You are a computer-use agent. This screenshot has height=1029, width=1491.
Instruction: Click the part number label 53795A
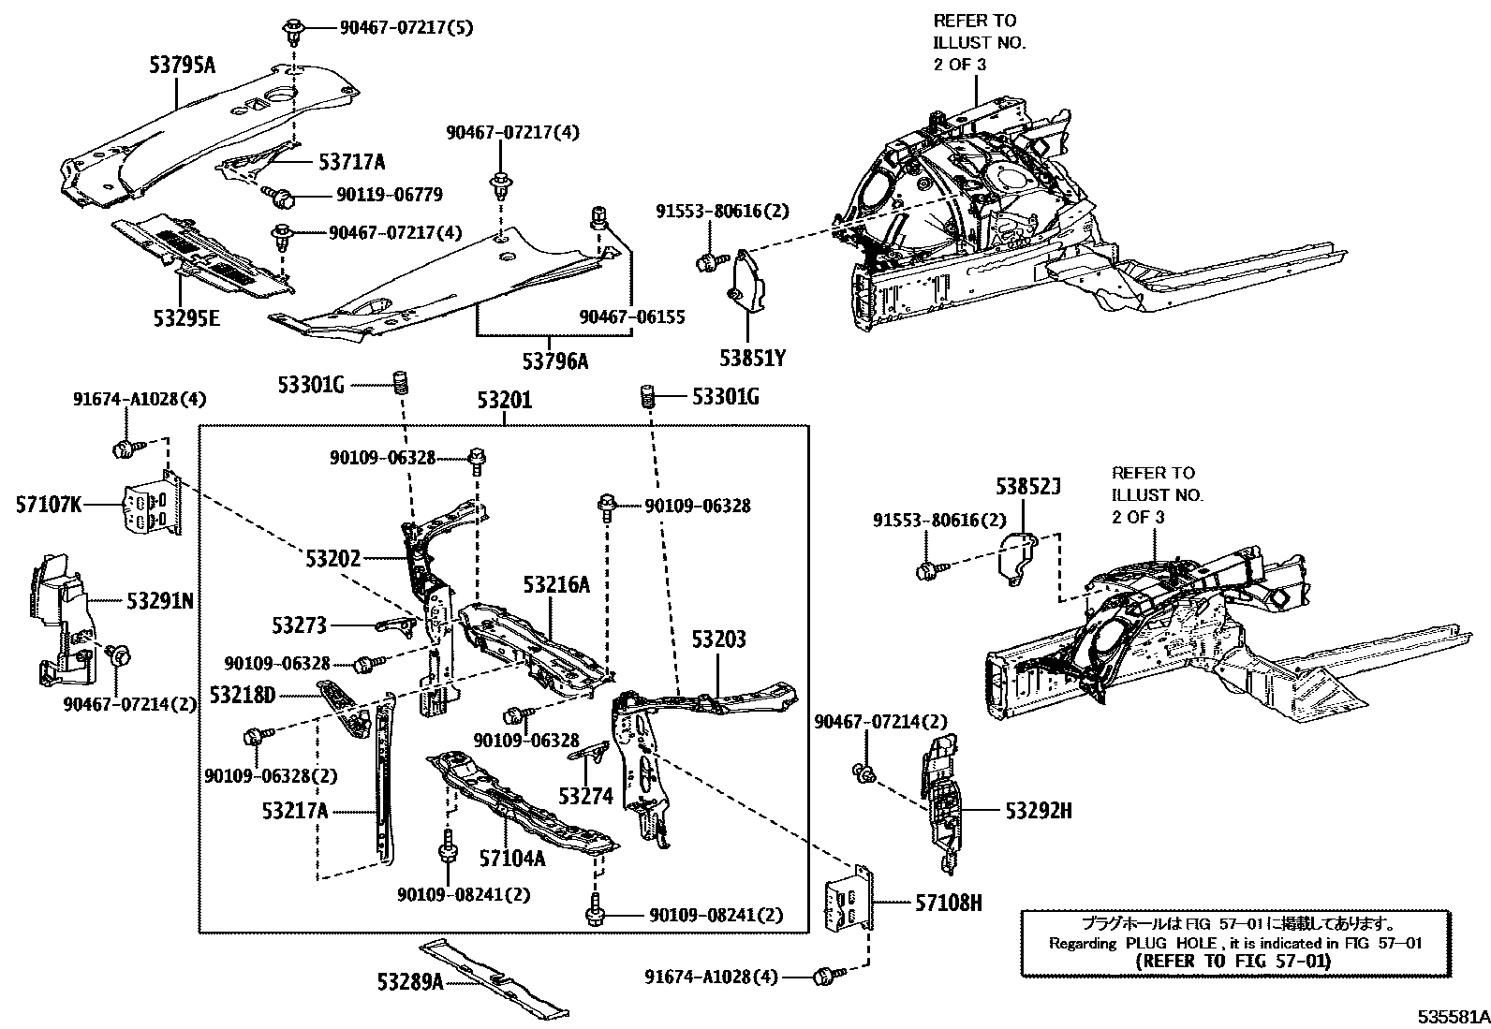point(182,66)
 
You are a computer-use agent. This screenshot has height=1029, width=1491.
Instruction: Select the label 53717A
point(351,162)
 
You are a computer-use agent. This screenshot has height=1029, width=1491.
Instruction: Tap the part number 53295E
point(186,319)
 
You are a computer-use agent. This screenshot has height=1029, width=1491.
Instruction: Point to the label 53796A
point(555,360)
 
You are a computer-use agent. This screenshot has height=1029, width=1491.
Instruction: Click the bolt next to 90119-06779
point(281,197)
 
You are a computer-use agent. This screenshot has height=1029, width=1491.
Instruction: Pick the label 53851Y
point(752,359)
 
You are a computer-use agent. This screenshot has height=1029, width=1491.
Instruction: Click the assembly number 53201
point(504,401)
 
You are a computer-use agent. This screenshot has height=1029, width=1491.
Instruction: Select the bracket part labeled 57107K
point(151,507)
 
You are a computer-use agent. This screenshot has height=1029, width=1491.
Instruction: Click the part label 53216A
point(556,585)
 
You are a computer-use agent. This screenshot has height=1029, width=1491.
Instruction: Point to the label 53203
point(718,639)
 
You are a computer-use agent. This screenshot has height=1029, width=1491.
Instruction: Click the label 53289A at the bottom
point(410,982)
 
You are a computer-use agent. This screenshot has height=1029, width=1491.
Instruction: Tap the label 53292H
point(1039,811)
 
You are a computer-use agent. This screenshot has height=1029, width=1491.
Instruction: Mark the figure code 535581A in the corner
point(1451,1016)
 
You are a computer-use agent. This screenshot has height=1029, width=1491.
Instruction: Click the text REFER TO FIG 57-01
point(1235,961)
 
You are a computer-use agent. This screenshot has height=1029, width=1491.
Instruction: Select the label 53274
point(585,796)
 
